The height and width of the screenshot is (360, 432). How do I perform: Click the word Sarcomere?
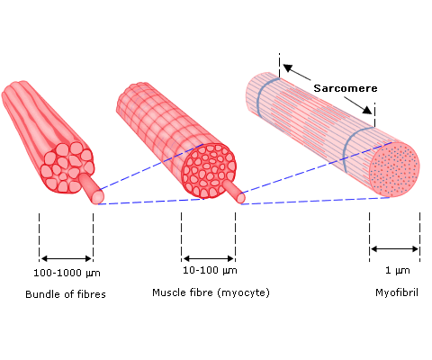pos(346,88)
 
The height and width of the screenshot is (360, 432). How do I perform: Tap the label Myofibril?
pos(397,292)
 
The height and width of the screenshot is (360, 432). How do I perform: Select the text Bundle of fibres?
pos(66,294)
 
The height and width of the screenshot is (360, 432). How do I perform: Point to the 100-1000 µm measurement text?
pos(67,273)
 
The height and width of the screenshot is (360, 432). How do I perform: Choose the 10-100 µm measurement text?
pos(210,270)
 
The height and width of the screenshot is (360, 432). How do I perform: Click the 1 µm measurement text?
pos(397,270)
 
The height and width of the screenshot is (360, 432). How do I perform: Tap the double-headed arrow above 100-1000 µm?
pos(66,258)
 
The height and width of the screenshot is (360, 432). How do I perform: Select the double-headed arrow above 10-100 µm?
pos(208,258)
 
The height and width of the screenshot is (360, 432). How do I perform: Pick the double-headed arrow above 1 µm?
pos(394,248)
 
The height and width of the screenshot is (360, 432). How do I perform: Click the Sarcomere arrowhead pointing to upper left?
pos(288,68)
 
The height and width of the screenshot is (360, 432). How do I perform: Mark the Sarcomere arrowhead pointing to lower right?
pos(367,110)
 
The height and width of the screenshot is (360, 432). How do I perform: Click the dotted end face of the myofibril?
pos(394,170)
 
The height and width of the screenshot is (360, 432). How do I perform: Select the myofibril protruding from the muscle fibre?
pos(235,192)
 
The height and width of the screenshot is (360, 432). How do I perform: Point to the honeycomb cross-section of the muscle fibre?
pos(209,171)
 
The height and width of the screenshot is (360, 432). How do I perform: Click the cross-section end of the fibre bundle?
pos(67,167)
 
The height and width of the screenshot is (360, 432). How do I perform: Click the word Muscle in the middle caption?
pos(166,292)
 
